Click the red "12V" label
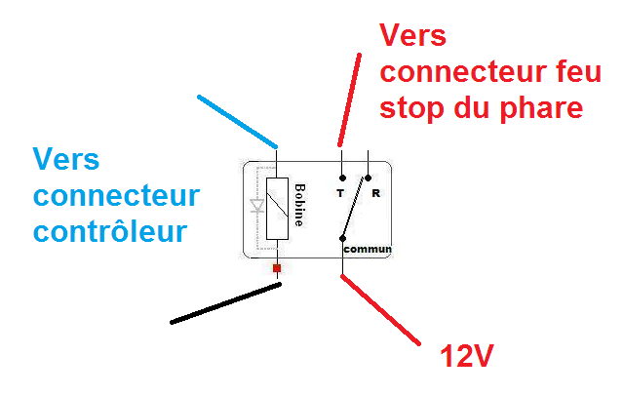462,357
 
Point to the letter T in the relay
340,193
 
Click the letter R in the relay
375,193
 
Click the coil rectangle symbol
278,210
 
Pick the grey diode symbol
257,207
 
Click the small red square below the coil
278,267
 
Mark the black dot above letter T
342,178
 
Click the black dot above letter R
368,178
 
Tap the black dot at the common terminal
342,238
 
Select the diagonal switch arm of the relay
355,208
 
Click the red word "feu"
555,71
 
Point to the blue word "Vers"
66,158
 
